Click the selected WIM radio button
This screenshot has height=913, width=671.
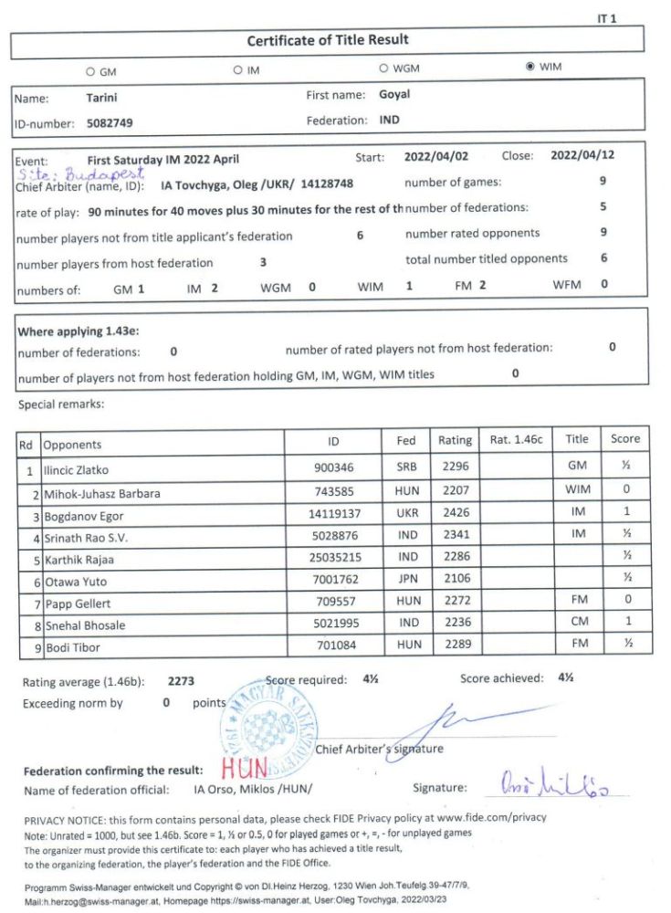click(x=530, y=68)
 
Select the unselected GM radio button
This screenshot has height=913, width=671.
click(x=90, y=70)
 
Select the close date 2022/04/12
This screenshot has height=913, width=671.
click(x=582, y=156)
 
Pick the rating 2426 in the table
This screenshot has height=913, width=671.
click(x=455, y=514)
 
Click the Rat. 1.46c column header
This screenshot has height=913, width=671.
click(x=516, y=439)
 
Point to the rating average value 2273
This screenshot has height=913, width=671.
click(x=182, y=681)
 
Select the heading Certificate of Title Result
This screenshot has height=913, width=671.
click(x=328, y=40)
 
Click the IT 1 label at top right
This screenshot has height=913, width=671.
click(x=607, y=17)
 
